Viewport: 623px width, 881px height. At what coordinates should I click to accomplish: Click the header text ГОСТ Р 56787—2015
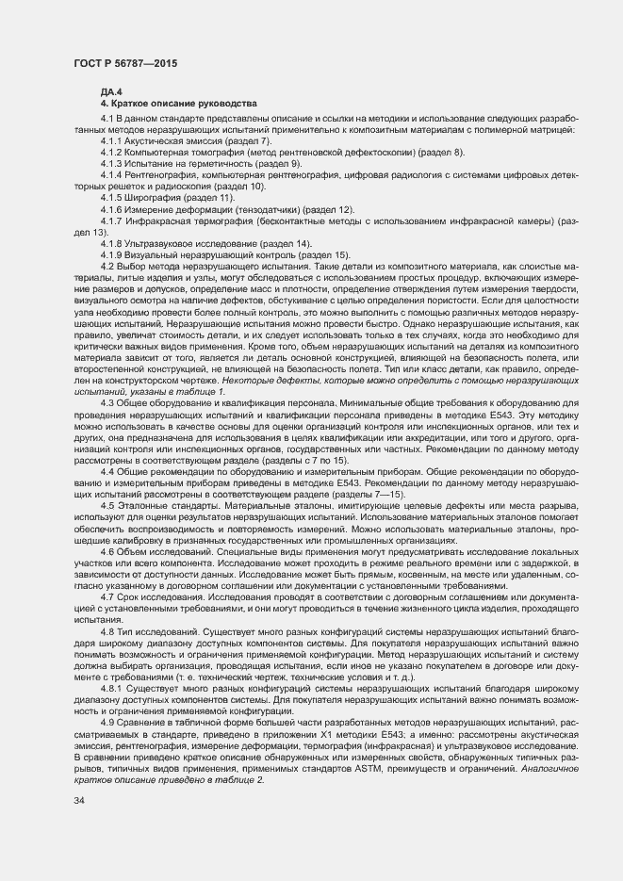pos(127,62)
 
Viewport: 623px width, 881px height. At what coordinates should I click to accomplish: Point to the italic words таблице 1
pos(202,391)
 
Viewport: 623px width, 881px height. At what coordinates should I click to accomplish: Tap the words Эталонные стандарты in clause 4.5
pos(165,505)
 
